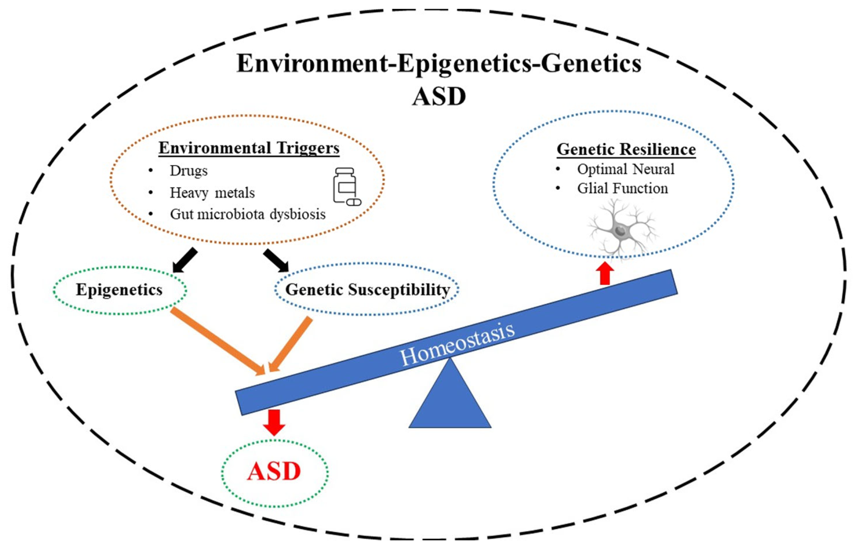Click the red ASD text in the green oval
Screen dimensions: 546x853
coord(274,471)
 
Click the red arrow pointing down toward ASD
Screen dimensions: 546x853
coord(274,422)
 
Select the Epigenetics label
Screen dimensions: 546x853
coord(119,290)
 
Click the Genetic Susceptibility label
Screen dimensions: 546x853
coord(367,290)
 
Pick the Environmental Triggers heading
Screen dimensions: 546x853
coord(249,148)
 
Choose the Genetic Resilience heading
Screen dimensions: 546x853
coord(626,149)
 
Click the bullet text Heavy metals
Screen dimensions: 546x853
coord(212,192)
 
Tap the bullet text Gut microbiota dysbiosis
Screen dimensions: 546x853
coord(247,214)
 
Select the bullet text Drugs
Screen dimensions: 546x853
coord(189,170)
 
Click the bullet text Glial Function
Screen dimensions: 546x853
coord(622,188)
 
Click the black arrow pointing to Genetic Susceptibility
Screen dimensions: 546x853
coord(276,260)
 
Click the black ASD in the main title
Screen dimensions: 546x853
coord(439,97)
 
